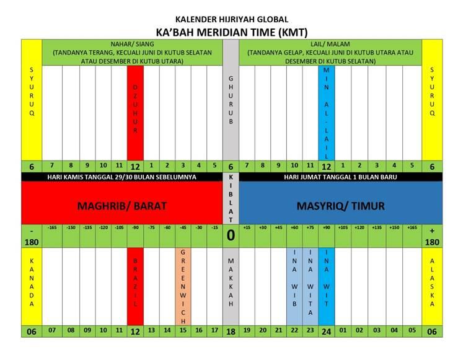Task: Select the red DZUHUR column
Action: [135, 112]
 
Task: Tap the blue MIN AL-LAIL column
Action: [327, 112]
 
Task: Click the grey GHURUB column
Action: [231, 99]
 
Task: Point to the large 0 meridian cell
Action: [231, 236]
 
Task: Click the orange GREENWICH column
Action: [183, 286]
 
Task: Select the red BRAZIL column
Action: [135, 286]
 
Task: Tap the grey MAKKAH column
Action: [231, 286]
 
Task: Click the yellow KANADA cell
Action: [32, 286]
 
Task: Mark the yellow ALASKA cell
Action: [432, 286]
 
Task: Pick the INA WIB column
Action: [294, 286]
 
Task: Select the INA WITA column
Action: [310, 286]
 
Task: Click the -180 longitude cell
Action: [32, 236]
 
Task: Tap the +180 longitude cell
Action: [432, 236]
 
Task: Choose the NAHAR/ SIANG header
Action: [132, 52]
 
